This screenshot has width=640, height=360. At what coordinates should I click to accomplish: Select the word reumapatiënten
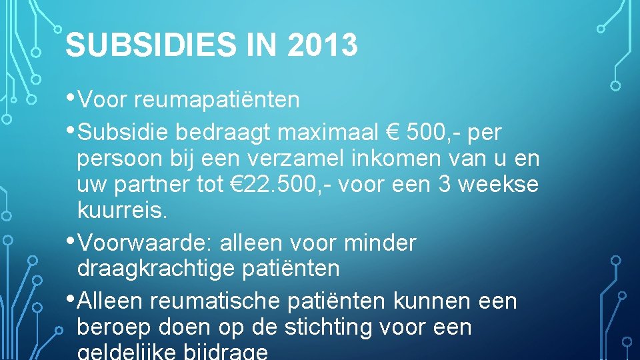217,101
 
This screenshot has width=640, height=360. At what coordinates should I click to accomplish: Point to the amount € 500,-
423,133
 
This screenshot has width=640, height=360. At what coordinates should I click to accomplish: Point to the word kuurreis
123,211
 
